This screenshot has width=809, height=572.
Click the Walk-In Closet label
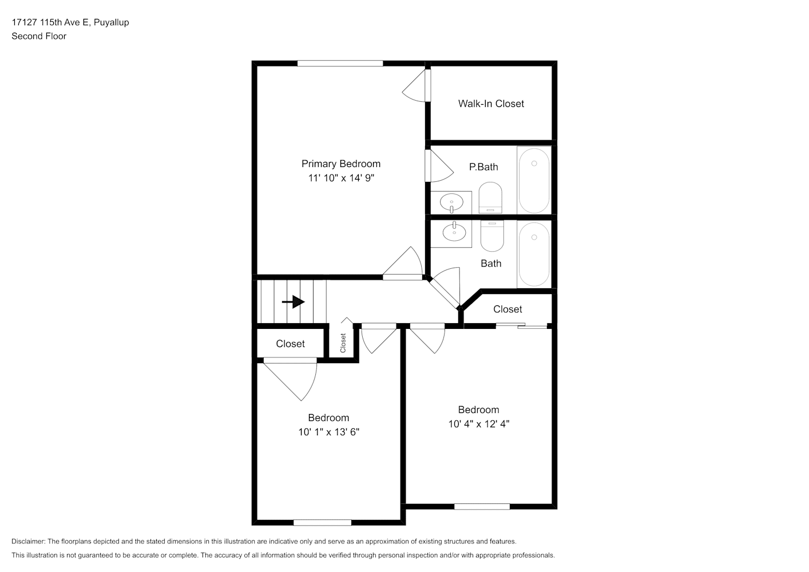pyautogui.click(x=491, y=104)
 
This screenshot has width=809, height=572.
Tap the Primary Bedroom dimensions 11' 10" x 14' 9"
pyautogui.click(x=341, y=178)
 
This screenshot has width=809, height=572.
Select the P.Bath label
pyautogui.click(x=483, y=167)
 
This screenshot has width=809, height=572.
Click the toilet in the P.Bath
pyautogui.click(x=490, y=198)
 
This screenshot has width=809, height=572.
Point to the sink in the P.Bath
pyautogui.click(x=451, y=202)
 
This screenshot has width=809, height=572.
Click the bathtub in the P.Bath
pyautogui.click(x=534, y=180)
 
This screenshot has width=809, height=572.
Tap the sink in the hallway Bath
pyautogui.click(x=454, y=232)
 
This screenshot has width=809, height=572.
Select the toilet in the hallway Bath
pyautogui.click(x=492, y=236)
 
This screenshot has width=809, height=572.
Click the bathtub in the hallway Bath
pyautogui.click(x=534, y=254)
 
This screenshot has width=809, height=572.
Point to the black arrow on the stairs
pyautogui.click(x=294, y=301)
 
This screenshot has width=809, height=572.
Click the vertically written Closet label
pyautogui.click(x=343, y=343)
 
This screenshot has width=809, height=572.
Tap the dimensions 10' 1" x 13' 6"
pyautogui.click(x=328, y=432)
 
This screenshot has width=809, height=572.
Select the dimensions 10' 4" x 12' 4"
pyautogui.click(x=478, y=424)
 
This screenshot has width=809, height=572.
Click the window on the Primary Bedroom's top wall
pyautogui.click(x=340, y=63)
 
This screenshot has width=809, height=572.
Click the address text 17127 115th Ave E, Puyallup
pyautogui.click(x=70, y=22)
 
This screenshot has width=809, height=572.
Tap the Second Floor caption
pyautogui.click(x=39, y=36)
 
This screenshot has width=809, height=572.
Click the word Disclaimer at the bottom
pyautogui.click(x=29, y=541)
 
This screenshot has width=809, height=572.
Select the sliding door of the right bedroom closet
pyautogui.click(x=521, y=325)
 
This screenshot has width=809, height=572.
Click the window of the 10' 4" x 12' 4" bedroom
pyautogui.click(x=482, y=507)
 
